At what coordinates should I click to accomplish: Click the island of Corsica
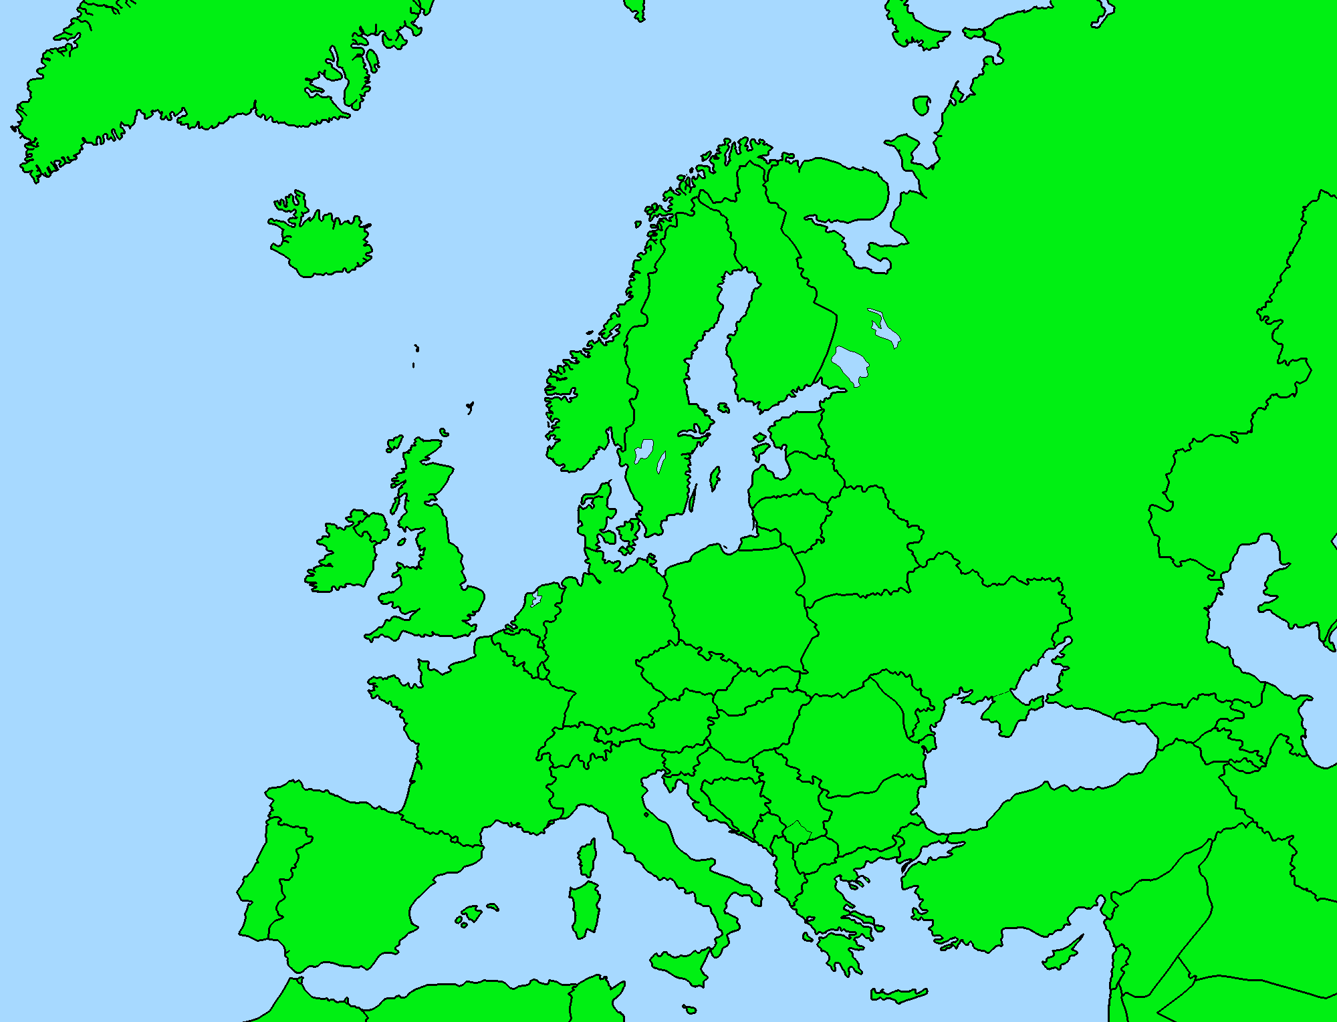tap(588, 859)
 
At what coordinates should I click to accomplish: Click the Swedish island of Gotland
tap(714, 478)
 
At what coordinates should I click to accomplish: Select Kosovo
tap(797, 833)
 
